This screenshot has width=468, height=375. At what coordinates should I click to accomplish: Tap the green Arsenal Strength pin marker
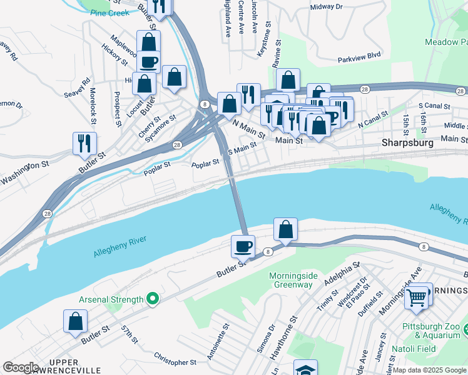pyautogui.click(x=151, y=300)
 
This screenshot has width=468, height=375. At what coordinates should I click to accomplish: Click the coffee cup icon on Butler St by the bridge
pyautogui.click(x=242, y=246)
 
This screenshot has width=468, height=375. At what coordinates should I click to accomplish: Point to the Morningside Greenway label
pyautogui.click(x=290, y=280)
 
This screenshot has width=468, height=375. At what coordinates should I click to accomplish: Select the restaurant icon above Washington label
pyautogui.click(x=84, y=143)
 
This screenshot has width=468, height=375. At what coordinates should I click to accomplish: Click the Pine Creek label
pyautogui.click(x=109, y=12)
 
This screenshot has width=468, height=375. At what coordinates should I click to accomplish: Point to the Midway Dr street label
pyautogui.click(x=327, y=7)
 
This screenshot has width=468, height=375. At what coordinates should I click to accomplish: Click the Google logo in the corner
pyautogui.click(x=21, y=367)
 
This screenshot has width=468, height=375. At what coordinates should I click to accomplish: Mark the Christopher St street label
pyautogui.click(x=175, y=361)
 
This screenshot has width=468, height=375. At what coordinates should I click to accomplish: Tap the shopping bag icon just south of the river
pyautogui.click(x=285, y=229)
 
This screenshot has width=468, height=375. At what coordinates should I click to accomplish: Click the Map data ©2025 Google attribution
pyautogui.click(x=429, y=370)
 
